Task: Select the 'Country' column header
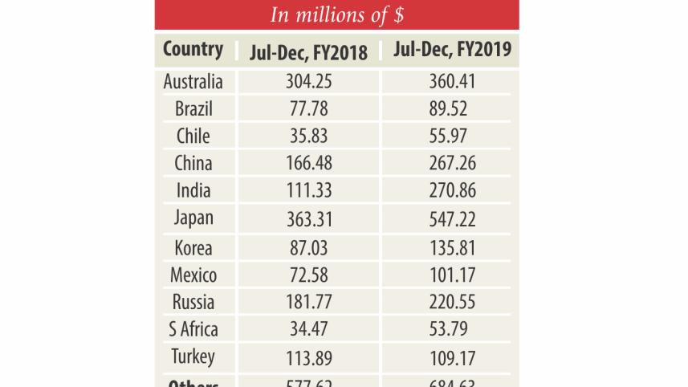coord(193,49)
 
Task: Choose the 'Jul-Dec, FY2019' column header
coord(453,51)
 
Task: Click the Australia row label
coord(193,81)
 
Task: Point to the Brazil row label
coord(193,108)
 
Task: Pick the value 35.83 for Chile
coord(309,136)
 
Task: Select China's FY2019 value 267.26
coord(453,163)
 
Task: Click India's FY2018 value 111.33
coord(309,190)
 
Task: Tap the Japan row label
coord(193,218)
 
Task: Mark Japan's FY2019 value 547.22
coord(453,218)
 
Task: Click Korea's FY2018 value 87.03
coord(309,246)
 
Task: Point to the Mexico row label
coord(193,275)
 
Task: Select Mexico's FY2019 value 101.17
coord(453,275)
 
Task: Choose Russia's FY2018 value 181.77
coord(309,302)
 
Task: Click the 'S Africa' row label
coord(193,329)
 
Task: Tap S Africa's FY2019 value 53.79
coord(453,329)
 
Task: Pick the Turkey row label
coord(193,356)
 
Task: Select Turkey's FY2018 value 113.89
coord(309,357)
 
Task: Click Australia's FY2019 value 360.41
coord(453,81)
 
